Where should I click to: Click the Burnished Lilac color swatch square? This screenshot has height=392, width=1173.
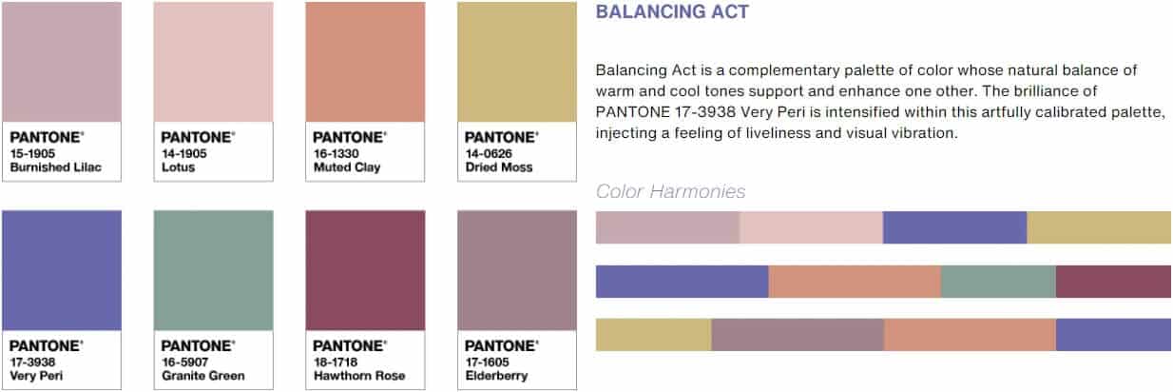62,62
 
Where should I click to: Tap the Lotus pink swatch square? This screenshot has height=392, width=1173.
214,62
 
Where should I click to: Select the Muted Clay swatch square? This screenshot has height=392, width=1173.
366,62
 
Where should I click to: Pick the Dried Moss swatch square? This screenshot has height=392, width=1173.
517,62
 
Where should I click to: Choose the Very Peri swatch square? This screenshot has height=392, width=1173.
62,270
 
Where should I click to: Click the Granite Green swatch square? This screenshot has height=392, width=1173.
214,270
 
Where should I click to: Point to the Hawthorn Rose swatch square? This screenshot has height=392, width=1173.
366,270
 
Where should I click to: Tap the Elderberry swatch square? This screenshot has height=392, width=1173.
517,270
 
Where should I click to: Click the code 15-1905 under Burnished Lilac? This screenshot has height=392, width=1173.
32,153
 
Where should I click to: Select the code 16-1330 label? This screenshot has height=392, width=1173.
337,153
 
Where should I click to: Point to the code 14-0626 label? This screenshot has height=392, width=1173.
489,153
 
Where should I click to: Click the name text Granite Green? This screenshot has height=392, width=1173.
203,376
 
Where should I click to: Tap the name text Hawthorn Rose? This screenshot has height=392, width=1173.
359,376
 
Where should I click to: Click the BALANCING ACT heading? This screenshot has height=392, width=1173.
672,11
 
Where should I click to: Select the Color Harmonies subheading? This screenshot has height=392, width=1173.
671,191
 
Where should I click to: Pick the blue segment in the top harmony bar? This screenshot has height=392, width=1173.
954,227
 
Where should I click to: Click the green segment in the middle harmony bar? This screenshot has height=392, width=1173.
999,282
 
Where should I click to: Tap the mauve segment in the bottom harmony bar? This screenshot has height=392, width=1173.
798,335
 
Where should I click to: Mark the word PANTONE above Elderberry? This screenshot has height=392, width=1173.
500,346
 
